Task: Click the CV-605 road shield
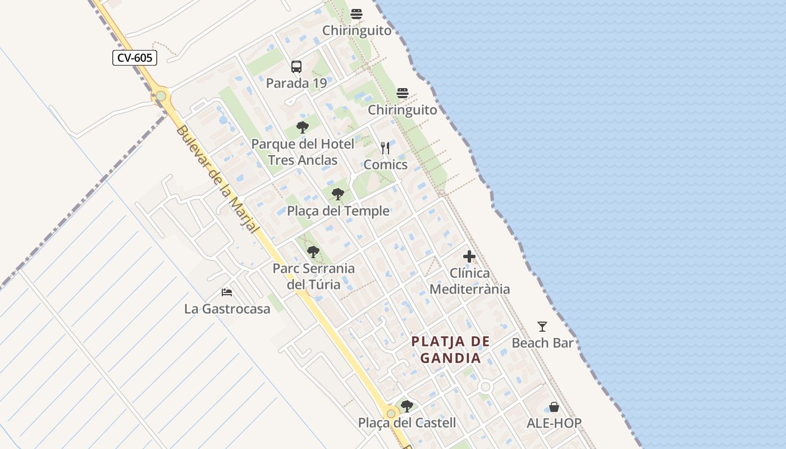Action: click(135, 58)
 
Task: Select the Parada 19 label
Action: click(296, 84)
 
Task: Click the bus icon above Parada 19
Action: click(296, 67)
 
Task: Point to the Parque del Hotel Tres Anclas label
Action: click(303, 152)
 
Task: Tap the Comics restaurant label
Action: click(386, 164)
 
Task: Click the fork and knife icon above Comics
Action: click(385, 148)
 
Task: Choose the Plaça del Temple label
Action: click(338, 211)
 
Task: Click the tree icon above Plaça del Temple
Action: click(338, 194)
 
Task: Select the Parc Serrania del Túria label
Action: click(314, 276)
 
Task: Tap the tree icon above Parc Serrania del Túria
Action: click(313, 252)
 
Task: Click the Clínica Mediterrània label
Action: click(469, 281)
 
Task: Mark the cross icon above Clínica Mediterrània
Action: click(469, 257)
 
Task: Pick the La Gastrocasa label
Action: click(227, 309)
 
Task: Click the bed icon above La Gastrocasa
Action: click(227, 292)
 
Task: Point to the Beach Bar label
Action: click(543, 343)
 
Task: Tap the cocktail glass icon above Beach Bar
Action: click(542, 326)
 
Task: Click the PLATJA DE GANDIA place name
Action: click(451, 350)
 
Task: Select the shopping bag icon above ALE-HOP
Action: click(554, 407)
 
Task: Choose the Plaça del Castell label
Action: click(407, 423)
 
